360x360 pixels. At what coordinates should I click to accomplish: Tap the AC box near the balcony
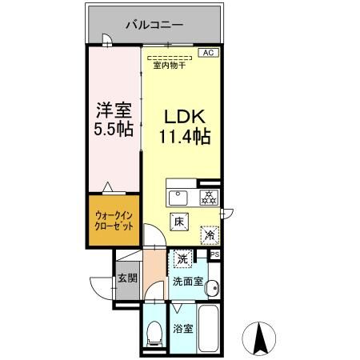(207, 53)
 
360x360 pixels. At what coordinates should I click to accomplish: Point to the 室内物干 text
(169, 65)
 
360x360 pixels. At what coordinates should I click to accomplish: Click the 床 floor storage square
(180, 222)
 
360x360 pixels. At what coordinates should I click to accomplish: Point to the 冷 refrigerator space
(209, 235)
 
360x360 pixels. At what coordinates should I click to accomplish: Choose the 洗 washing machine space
(183, 259)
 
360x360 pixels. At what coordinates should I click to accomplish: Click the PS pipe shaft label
(214, 254)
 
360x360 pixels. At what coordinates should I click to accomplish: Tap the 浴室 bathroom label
(182, 329)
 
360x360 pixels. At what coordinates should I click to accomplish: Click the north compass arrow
(261, 338)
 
